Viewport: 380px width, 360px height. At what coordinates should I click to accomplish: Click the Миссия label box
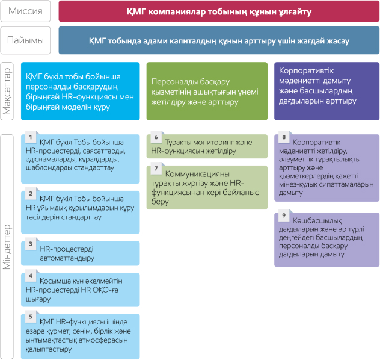(x=25, y=11)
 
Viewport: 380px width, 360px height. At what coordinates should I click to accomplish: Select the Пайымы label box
(x=25, y=40)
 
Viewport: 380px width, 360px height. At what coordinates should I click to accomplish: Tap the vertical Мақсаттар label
(x=7, y=92)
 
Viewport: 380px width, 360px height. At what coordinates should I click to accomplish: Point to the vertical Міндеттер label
(x=7, y=247)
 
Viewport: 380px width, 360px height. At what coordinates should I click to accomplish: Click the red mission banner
(x=219, y=11)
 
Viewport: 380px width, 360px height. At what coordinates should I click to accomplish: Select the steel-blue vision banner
(x=219, y=40)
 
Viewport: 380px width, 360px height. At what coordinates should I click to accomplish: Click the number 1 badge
(x=31, y=137)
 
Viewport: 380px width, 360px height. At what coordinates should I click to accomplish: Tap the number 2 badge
(x=31, y=194)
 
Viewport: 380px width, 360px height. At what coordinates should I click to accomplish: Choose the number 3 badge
(x=31, y=244)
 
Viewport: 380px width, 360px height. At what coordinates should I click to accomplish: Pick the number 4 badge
(x=31, y=276)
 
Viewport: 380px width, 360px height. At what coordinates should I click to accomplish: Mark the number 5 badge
(x=31, y=317)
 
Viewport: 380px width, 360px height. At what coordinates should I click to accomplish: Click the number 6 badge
(x=156, y=137)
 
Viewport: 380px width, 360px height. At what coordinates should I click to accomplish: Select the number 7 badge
(x=156, y=169)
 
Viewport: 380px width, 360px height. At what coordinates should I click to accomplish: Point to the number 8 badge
(x=284, y=137)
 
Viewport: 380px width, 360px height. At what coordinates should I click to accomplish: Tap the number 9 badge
(x=284, y=216)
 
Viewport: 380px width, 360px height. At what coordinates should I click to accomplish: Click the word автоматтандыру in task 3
(x=67, y=259)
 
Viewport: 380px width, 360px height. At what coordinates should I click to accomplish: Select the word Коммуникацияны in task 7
(x=197, y=174)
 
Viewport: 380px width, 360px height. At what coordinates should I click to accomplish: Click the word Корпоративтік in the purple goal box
(x=306, y=71)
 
